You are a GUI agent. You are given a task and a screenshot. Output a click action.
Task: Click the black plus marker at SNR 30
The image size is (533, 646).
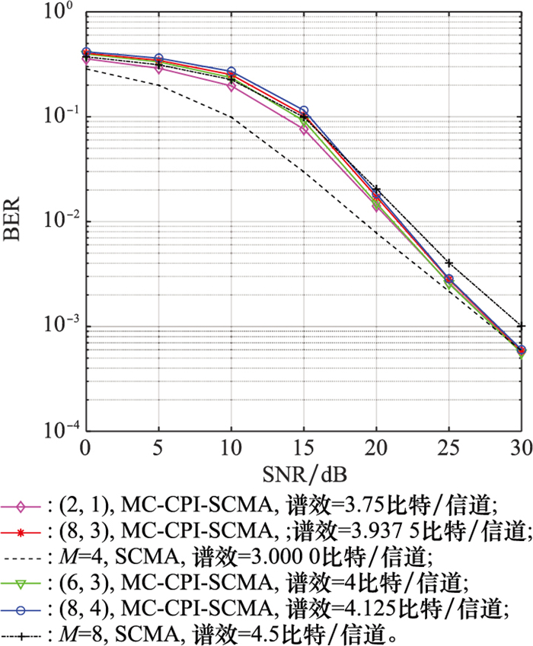click(x=522, y=326)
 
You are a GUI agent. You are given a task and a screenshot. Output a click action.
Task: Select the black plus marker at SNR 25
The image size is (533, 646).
click(x=449, y=263)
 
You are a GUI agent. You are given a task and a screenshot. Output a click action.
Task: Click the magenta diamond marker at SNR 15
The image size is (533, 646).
click(x=304, y=130)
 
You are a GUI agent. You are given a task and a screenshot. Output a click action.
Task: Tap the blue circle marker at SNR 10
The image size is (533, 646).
click(x=231, y=72)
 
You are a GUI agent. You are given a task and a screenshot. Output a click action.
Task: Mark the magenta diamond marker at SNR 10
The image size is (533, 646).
click(x=231, y=86)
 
